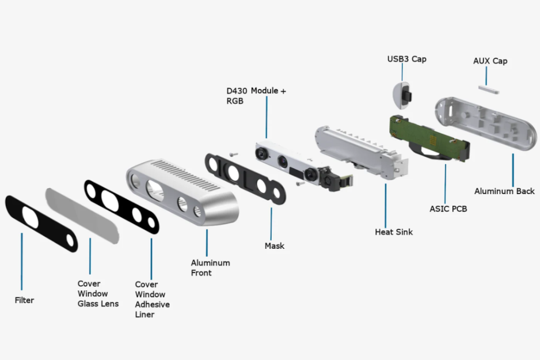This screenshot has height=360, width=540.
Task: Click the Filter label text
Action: [x=24, y=300]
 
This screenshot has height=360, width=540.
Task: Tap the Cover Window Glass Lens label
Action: [x=98, y=293]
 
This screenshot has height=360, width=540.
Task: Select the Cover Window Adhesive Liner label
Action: [x=152, y=299]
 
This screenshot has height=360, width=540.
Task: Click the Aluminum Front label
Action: [x=210, y=267]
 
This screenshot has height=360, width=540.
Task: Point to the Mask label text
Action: [x=274, y=246]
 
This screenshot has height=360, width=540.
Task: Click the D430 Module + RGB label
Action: [x=256, y=96]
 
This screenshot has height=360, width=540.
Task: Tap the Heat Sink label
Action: [x=393, y=232]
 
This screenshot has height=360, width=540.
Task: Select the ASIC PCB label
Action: [x=448, y=209]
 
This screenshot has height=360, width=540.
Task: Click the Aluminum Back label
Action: [x=504, y=191]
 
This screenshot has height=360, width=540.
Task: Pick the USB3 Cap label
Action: [x=406, y=59]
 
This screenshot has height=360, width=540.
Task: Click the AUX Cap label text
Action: [x=490, y=61]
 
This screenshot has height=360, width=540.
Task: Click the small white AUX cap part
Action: [x=488, y=87]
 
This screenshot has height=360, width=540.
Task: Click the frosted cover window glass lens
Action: [x=83, y=214]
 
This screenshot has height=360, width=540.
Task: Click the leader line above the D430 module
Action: [x=267, y=118]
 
